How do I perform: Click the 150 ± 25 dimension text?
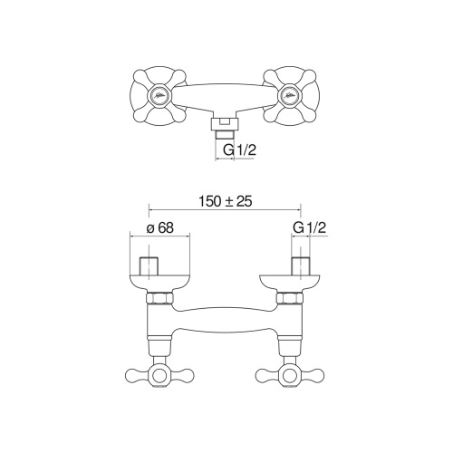tap(226, 201)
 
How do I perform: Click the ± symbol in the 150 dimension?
tap(226, 201)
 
